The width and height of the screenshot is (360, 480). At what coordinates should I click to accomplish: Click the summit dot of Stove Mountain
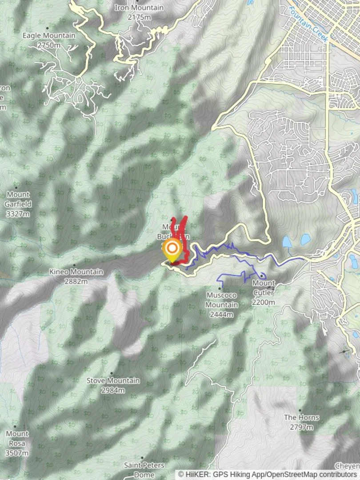(111, 373)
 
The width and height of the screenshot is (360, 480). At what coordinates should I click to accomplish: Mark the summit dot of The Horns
(300, 410)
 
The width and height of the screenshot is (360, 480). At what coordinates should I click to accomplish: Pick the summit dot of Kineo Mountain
(74, 265)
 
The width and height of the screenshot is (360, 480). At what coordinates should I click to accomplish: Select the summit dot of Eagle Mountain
(48, 28)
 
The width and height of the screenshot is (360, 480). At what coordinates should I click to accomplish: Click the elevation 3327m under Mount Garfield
(18, 214)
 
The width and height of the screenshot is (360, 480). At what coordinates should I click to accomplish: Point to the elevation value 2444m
(221, 315)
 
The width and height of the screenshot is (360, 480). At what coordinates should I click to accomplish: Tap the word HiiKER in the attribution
(194, 474)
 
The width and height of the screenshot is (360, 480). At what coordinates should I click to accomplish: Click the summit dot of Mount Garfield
(16, 188)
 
